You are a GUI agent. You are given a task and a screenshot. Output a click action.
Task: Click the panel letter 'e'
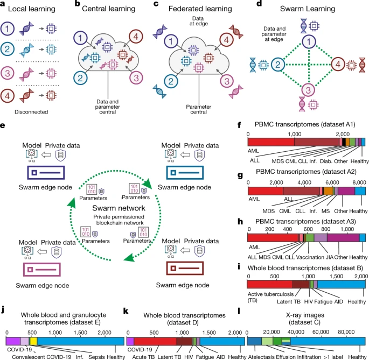(x=4, y=125)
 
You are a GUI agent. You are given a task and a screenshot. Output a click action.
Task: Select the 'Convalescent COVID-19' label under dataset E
(x=46, y=356)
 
